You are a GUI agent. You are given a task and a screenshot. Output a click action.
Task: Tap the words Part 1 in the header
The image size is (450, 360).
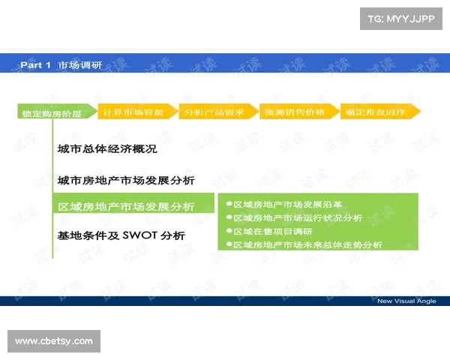(x=35, y=65)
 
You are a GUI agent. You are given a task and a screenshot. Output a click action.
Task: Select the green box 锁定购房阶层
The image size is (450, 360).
(x=51, y=113)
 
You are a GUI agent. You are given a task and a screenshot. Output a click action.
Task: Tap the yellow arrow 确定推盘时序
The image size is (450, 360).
(x=378, y=112)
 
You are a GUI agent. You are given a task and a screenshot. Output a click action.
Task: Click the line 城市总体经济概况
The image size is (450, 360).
(x=107, y=148)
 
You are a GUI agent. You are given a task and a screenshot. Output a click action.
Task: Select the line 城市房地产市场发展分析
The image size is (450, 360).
(x=126, y=180)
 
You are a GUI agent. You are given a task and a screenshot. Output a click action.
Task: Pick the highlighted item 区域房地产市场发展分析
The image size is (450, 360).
(x=126, y=206)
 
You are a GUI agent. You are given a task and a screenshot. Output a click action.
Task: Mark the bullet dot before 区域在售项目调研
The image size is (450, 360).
(x=228, y=231)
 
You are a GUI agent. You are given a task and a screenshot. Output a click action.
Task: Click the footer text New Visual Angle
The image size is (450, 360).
(x=406, y=301)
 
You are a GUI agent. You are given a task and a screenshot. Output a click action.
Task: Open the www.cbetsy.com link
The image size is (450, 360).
(x=54, y=341)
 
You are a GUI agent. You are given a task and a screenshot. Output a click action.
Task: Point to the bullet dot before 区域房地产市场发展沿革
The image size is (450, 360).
(x=228, y=204)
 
